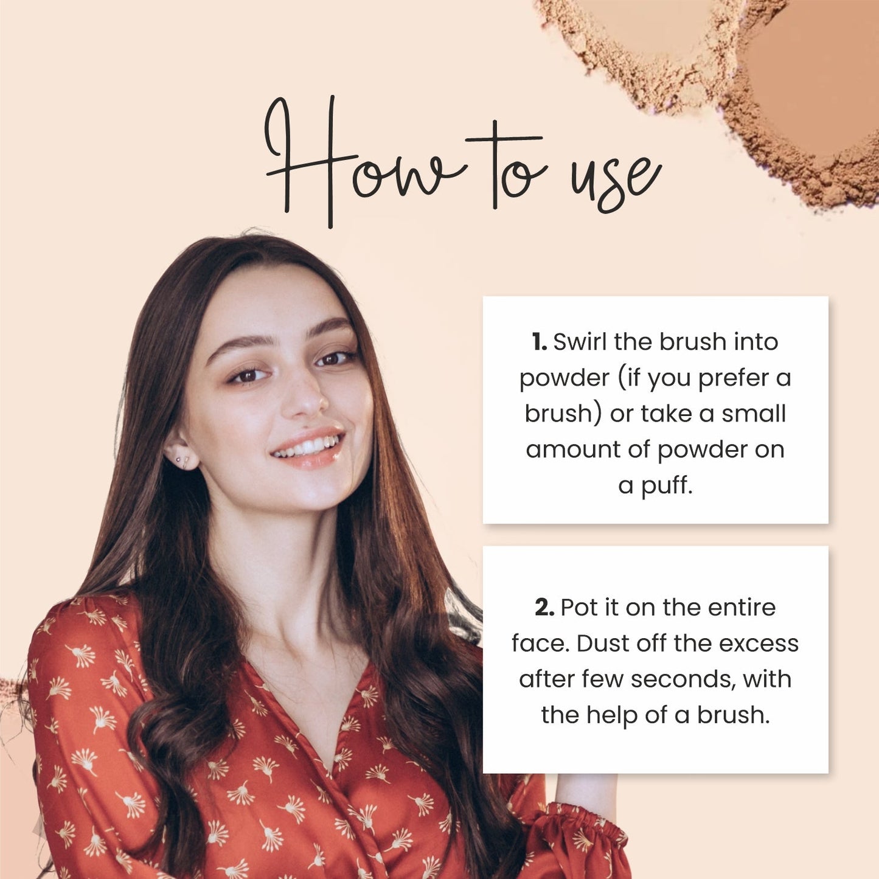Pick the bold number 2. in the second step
click(544, 608)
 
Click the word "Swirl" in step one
click(580, 342)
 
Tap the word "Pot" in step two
click(578, 608)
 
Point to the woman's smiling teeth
click(307, 447)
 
